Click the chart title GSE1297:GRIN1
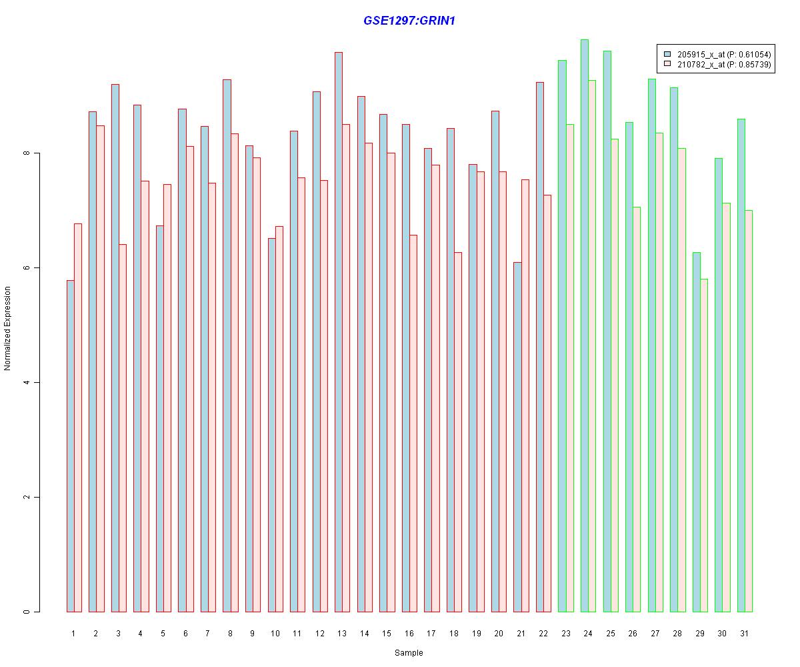409,21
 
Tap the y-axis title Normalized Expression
7,328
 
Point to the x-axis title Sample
409,653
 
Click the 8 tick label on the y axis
27,153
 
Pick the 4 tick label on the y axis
27,382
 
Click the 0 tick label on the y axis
27,612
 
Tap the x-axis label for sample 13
342,633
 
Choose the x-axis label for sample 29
699,633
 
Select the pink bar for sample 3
123,428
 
